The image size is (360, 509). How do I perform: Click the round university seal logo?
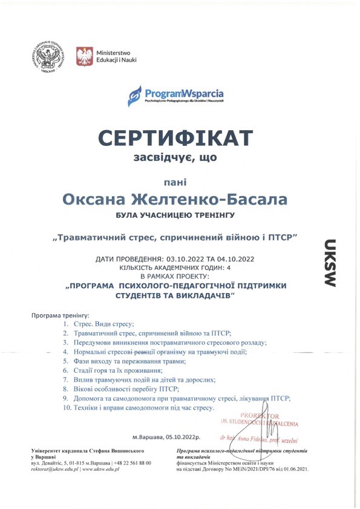pos(50,57)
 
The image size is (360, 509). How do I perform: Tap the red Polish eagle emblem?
pos(84,57)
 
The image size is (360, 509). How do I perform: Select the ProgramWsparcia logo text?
pos(184,94)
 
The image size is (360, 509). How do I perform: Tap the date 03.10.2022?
pos(186,259)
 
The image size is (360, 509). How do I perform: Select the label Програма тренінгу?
pos(60,316)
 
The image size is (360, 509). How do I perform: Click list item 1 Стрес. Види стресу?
pos(103,324)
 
